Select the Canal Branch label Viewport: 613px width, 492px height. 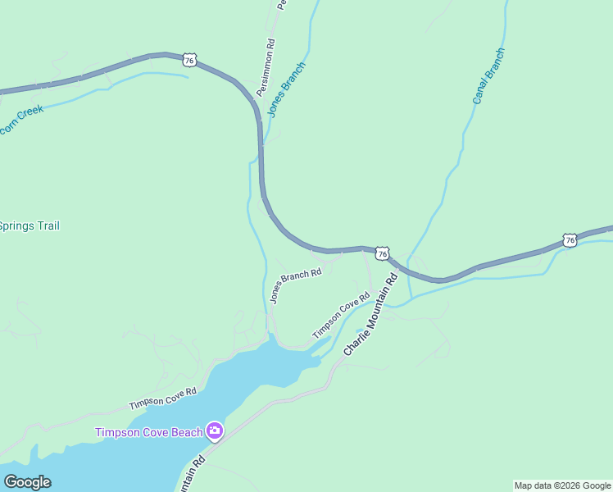coord(488,76)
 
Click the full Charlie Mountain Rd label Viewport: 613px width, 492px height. coord(370,315)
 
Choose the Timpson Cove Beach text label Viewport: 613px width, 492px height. coord(148,432)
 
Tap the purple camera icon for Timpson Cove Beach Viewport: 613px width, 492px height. coord(215,430)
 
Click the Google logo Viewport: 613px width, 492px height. coord(27,482)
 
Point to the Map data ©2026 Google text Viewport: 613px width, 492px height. coord(562,485)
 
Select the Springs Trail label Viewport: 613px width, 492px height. coord(30,226)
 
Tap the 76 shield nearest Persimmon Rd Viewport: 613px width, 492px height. coord(189,59)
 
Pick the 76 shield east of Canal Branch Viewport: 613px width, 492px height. coord(570,239)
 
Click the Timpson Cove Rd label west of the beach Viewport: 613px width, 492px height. coord(162,399)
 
